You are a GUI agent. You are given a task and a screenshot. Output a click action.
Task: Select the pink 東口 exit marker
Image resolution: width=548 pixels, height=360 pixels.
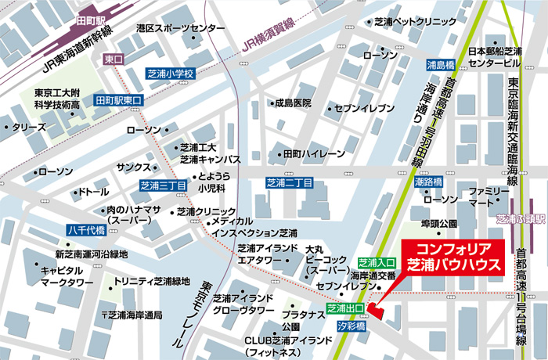(x=114, y=59)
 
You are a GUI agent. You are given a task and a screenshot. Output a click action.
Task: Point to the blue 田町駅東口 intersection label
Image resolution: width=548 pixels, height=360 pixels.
(x=119, y=100)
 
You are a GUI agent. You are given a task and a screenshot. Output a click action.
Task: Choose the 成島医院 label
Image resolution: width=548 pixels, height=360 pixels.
(x=291, y=103)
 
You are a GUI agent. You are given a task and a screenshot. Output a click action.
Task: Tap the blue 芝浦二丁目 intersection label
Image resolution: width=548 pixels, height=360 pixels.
(x=289, y=183)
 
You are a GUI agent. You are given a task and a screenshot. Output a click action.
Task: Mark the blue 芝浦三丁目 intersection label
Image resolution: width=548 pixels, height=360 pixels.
(x=163, y=185)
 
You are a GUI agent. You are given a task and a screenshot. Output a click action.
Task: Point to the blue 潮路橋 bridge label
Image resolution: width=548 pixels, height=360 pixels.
(x=428, y=182)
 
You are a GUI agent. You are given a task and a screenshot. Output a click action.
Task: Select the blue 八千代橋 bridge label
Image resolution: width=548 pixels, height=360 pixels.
(x=86, y=230)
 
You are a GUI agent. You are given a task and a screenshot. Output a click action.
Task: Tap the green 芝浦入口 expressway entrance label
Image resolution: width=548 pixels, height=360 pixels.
(x=377, y=262)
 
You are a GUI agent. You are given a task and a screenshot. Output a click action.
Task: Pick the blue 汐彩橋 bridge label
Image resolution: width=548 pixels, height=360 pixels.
(x=348, y=323)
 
